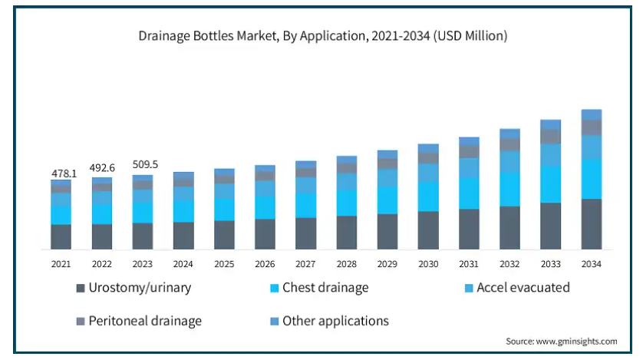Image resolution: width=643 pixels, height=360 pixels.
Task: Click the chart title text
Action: point(322,35)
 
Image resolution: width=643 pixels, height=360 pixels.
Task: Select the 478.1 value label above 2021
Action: point(64,173)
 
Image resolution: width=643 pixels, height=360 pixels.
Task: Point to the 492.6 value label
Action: point(102,169)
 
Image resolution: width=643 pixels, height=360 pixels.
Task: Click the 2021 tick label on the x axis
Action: point(61,264)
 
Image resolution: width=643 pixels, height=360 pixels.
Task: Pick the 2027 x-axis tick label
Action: point(305,264)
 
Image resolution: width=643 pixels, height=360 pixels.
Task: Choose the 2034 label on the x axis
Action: point(591,264)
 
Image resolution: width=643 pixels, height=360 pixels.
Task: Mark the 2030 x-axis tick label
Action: point(428,264)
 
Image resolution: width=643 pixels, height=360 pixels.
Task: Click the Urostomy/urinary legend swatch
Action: point(81,289)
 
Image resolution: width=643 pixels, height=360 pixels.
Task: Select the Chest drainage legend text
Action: point(325,288)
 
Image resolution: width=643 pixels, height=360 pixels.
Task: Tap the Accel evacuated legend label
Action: point(523,288)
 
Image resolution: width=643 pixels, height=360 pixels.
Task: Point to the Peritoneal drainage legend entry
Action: point(145,321)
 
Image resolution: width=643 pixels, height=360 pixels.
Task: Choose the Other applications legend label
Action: point(335,321)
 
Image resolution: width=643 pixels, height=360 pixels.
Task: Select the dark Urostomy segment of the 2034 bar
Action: point(591,224)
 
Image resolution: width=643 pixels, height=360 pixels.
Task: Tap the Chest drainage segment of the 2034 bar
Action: point(591,179)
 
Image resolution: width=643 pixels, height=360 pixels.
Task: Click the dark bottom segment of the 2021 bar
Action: point(61,236)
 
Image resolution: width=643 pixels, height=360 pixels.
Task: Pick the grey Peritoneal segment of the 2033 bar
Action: point(550,137)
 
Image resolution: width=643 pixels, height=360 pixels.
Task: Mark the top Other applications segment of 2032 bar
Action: point(509,134)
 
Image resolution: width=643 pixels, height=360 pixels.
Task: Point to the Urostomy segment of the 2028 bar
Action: point(347,233)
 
